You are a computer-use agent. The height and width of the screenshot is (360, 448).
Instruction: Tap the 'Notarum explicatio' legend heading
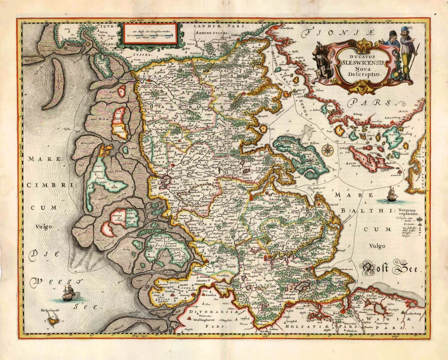click(407, 213)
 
